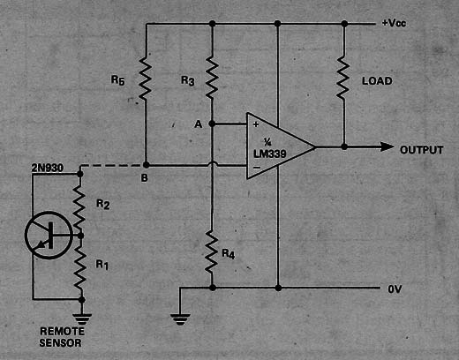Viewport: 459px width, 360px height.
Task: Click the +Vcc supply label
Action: (394, 23)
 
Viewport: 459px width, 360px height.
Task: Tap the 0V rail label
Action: (395, 289)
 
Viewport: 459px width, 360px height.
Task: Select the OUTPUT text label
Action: (421, 150)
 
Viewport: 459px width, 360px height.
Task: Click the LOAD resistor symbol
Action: (343, 78)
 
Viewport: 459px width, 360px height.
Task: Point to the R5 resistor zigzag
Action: (146, 78)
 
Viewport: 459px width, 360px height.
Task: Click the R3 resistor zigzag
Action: (212, 77)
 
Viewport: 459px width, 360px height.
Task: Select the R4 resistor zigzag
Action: (212, 251)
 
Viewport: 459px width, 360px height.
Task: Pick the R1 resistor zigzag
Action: (80, 266)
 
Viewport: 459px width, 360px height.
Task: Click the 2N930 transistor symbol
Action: (49, 235)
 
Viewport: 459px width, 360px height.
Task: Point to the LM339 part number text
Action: (270, 154)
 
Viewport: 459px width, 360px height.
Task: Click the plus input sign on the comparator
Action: (256, 124)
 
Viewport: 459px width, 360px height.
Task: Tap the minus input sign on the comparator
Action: (257, 168)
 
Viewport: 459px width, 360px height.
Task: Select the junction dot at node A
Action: (212, 124)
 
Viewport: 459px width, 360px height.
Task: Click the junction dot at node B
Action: (146, 165)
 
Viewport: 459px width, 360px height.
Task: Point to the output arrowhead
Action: (387, 146)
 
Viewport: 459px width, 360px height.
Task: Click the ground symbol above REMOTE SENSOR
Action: (82, 319)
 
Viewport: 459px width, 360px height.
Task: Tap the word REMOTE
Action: (63, 332)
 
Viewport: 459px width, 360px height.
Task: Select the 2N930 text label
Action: (48, 168)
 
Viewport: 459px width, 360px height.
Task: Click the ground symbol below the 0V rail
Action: (180, 319)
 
